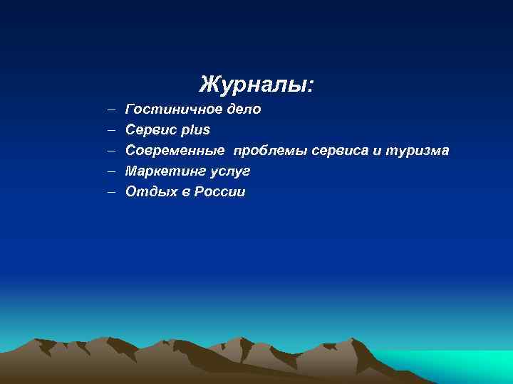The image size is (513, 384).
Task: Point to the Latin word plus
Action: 195,130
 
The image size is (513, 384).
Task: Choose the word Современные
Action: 175,151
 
